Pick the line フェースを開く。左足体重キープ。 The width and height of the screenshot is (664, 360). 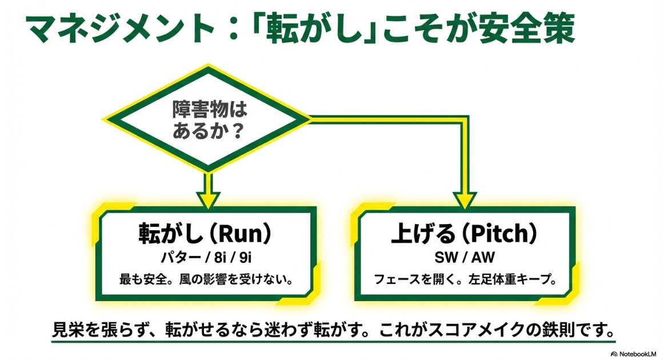coord(465,280)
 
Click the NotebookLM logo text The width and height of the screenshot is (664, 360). coord(636,353)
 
